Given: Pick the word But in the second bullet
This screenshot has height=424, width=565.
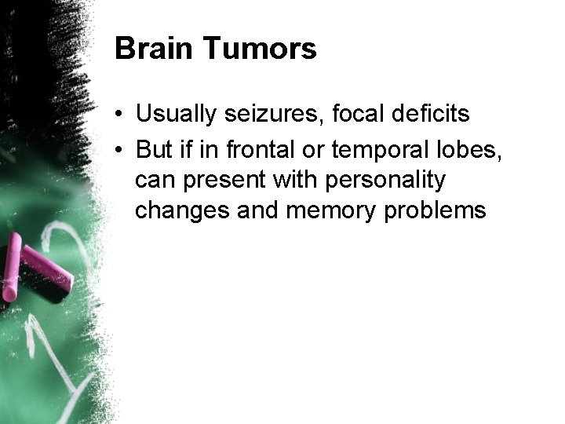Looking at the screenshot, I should point(152,148).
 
